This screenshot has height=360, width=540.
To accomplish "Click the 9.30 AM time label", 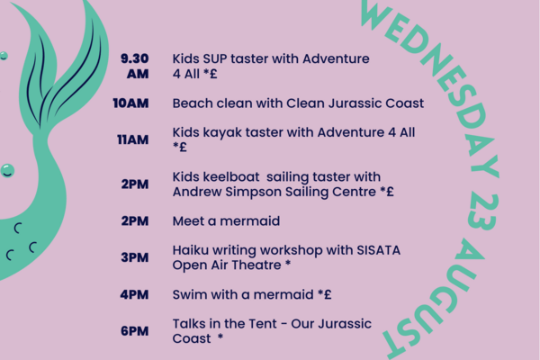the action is (135, 66).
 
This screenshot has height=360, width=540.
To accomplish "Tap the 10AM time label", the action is (130, 103).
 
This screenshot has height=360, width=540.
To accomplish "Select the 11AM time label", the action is (133, 139).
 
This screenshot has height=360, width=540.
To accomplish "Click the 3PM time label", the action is (135, 257).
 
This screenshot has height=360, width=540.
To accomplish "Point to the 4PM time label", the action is (134, 295).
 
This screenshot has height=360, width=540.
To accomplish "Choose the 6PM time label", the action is (135, 331).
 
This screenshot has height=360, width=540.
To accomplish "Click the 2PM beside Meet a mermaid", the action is (135, 221).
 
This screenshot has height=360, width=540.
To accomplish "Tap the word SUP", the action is (215, 58).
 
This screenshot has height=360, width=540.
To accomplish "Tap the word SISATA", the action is (379, 250).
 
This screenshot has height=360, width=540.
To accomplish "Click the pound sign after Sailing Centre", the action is (390, 192).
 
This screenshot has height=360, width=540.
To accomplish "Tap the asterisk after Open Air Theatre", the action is (288, 264).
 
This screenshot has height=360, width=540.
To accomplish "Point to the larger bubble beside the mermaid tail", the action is (7, 170).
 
